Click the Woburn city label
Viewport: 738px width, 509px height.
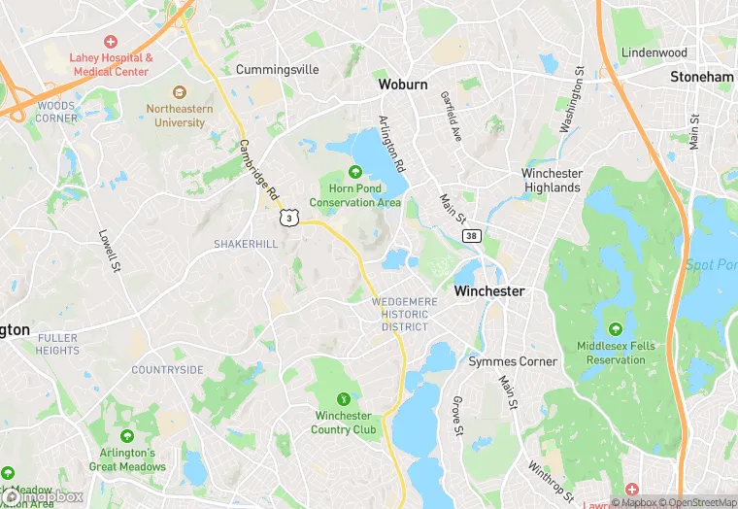[x=402, y=85]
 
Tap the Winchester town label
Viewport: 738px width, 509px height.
[x=489, y=290]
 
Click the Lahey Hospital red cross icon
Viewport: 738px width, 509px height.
[x=110, y=42]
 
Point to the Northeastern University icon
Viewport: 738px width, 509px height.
[x=180, y=92]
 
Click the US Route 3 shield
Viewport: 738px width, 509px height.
[x=288, y=219]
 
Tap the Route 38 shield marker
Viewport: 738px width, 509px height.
[x=471, y=236]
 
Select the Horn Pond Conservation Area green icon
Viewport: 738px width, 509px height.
[x=355, y=173]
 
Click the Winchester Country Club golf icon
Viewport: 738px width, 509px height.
[x=344, y=398]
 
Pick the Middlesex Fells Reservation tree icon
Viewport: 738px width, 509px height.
[x=616, y=329]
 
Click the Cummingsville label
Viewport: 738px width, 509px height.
[x=278, y=70]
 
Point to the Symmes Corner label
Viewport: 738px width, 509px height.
[x=513, y=361]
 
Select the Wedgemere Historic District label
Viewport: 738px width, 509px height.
[x=405, y=314]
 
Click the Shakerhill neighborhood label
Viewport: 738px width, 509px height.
[x=247, y=244]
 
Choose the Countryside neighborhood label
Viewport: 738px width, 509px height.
[x=168, y=370]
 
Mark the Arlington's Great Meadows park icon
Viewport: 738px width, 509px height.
[x=127, y=436]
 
